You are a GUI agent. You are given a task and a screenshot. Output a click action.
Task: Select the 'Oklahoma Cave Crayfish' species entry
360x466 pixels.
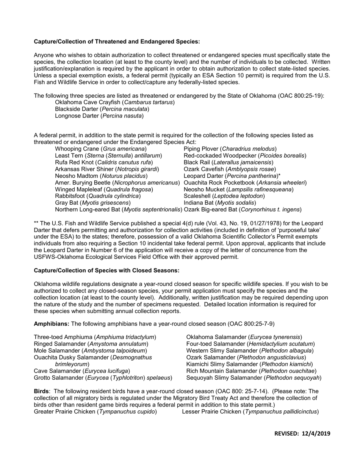click(115, 102)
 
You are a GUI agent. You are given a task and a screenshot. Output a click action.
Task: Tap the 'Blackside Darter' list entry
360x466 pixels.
click(102, 109)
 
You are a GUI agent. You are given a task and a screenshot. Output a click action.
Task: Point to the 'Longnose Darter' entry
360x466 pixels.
click(99, 116)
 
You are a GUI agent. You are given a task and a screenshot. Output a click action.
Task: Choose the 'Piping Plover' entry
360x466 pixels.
click(230, 149)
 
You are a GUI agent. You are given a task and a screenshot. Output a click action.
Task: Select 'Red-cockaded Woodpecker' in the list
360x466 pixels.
click(245, 156)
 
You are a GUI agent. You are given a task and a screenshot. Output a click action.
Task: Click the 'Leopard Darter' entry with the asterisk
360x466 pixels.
click(232, 176)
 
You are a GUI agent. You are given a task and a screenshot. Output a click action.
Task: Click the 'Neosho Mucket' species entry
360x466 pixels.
click(238, 189)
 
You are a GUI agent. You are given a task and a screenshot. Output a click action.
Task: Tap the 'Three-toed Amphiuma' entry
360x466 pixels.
click(95, 337)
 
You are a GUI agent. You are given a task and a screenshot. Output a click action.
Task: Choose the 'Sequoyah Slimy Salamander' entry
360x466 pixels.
click(254, 377)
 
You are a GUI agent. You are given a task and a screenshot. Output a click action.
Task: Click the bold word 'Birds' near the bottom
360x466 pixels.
click(41, 391)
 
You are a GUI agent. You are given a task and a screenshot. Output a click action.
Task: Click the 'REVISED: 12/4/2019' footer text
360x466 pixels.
click(302, 433)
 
